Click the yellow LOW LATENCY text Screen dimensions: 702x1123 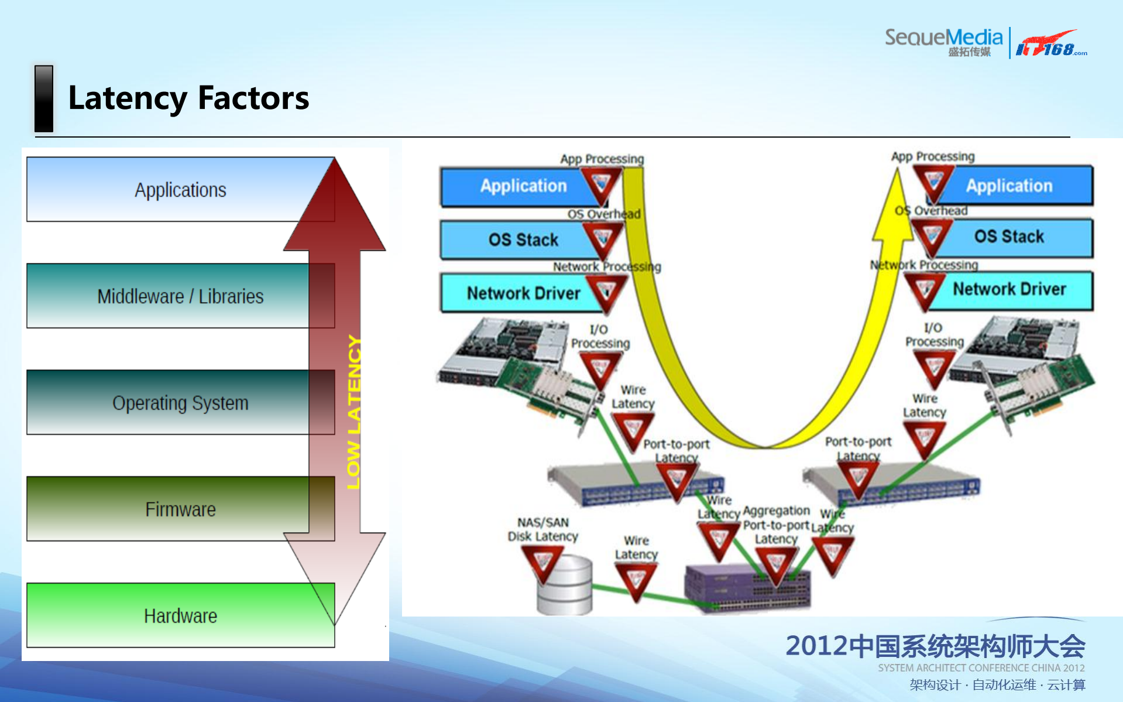click(354, 412)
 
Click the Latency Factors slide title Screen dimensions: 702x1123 click(188, 98)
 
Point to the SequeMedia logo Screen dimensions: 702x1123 click(943, 41)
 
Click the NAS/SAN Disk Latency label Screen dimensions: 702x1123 click(542, 529)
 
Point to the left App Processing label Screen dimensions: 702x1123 click(602, 159)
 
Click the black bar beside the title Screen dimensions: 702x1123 click(44, 98)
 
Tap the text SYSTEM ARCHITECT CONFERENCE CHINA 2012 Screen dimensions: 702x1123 click(981, 668)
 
